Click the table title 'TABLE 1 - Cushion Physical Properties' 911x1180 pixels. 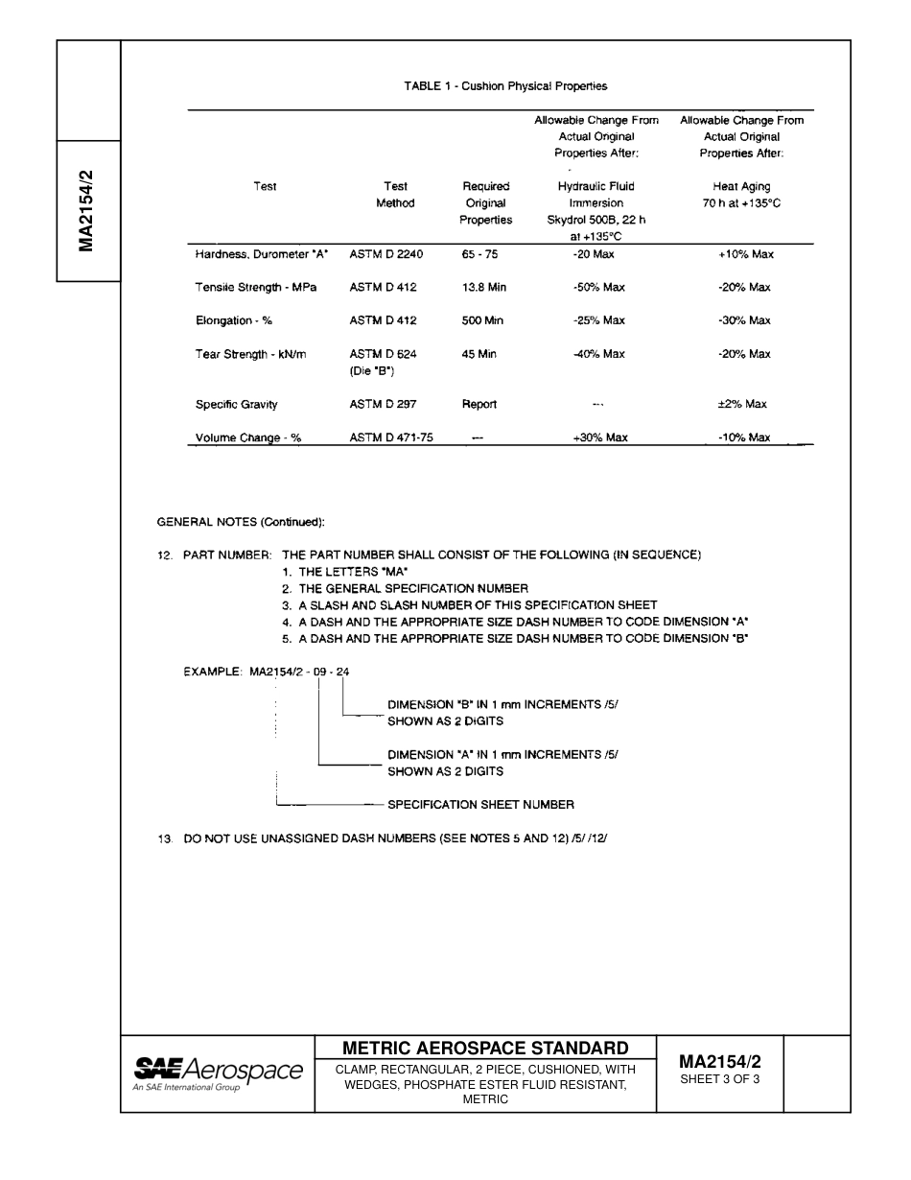click(505, 86)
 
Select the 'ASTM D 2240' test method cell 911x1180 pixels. click(385, 254)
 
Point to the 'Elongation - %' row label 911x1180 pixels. click(234, 321)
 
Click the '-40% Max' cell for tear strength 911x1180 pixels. click(598, 354)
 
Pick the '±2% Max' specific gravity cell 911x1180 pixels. click(742, 405)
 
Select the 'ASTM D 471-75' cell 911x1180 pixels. click(391, 437)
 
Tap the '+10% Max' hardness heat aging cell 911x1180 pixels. click(745, 254)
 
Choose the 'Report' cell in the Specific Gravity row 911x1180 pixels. click(479, 405)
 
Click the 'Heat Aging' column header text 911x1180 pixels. click(741, 187)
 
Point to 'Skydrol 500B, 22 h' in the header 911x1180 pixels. click(596, 220)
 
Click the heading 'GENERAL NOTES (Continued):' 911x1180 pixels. click(241, 522)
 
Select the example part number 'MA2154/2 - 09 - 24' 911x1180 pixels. click(299, 672)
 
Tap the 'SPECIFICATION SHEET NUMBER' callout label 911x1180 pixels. click(480, 805)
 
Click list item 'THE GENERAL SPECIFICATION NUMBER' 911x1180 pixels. click(412, 588)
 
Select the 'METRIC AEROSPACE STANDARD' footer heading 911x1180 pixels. click(485, 1048)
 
